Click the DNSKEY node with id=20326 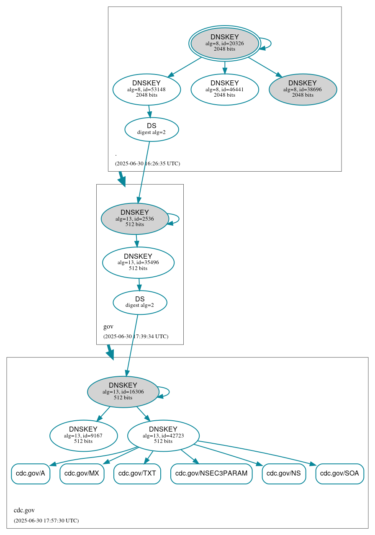[224, 43]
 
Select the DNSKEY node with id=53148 [146, 89]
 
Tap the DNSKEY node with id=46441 [224, 89]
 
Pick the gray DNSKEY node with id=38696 [303, 89]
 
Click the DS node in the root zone [152, 129]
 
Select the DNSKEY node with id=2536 [135, 219]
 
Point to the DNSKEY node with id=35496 [138, 262]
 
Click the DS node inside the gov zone [140, 302]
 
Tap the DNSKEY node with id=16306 [123, 391]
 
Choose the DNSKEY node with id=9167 [83, 435]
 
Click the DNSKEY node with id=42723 [163, 435]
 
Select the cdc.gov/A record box [31, 473]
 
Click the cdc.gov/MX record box [82, 473]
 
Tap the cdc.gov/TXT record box [137, 473]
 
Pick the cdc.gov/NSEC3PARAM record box [211, 473]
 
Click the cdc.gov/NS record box [284, 473]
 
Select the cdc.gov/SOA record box [339, 473]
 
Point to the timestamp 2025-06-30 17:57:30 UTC [46, 520]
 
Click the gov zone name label [108, 327]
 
